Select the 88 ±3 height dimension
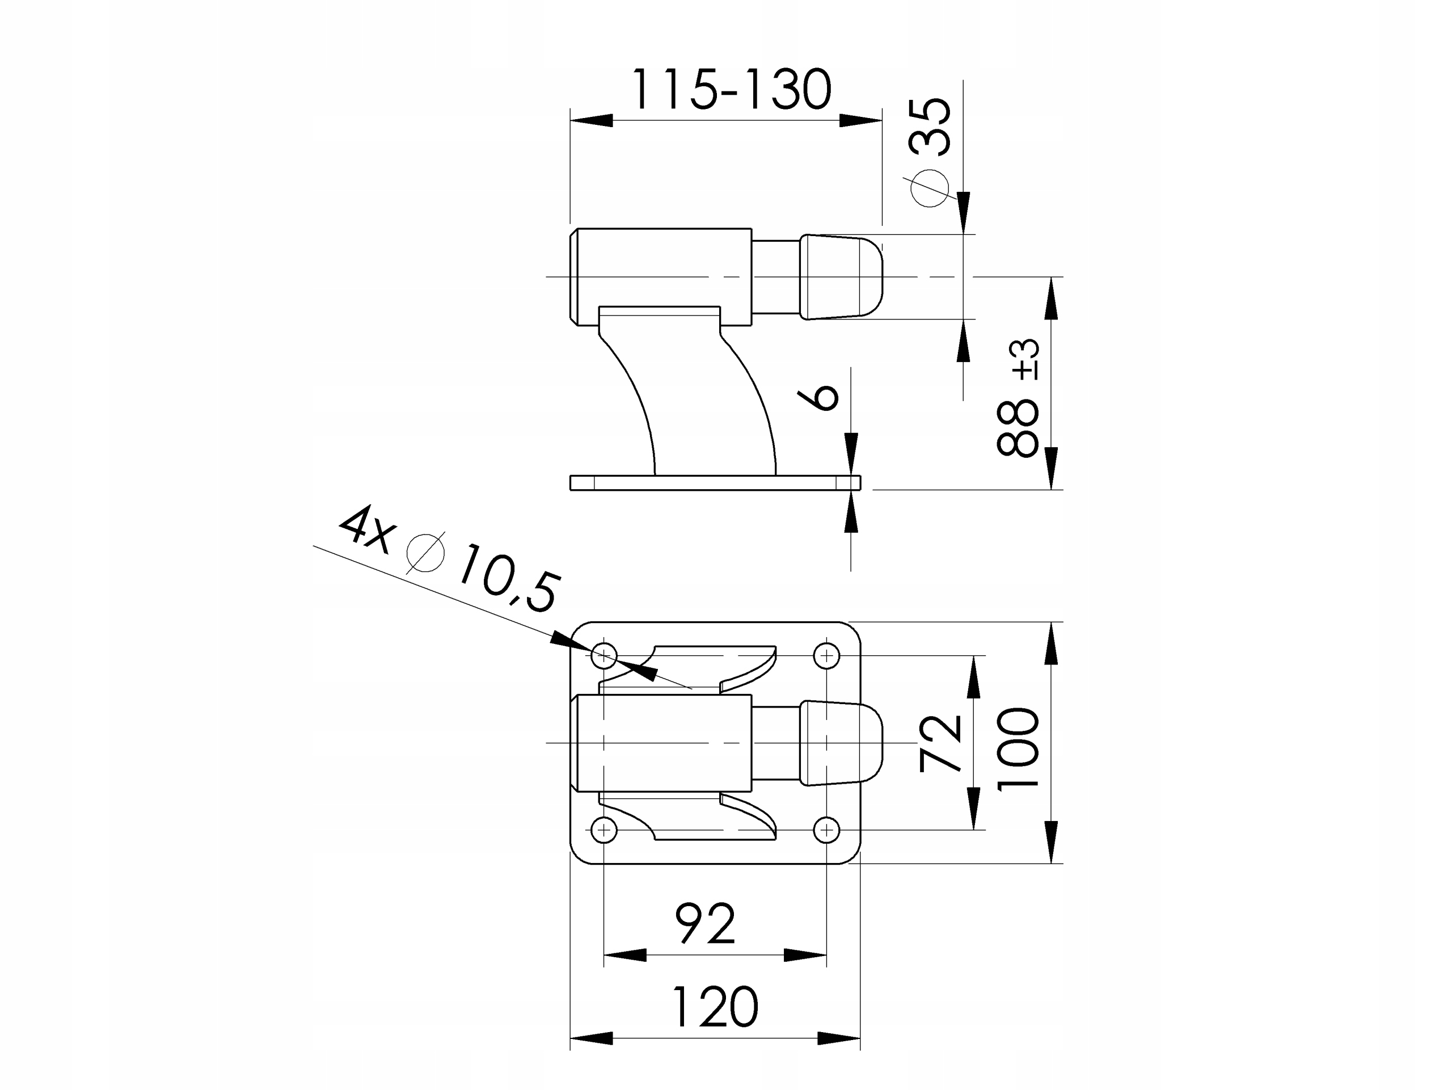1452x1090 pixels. pos(1018,398)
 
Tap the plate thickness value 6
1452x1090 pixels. pos(818,397)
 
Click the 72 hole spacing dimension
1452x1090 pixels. pos(940,743)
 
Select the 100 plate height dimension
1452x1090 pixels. pos(1018,749)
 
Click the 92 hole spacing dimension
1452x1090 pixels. pos(705,923)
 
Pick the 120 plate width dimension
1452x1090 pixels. pos(714,1006)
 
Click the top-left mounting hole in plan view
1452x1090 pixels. pos(604,655)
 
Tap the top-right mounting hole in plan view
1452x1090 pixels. pos(826,655)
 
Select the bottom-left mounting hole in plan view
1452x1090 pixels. pos(604,830)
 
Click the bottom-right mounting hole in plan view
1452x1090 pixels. pos(826,830)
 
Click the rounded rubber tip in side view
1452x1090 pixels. pos(840,276)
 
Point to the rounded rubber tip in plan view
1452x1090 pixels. pos(840,743)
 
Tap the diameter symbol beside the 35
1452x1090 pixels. pos(930,188)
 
